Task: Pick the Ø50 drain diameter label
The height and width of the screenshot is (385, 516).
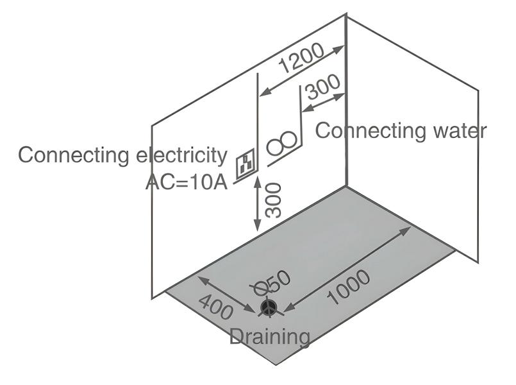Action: pos(272,283)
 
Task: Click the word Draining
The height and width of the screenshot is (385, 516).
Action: pos(270,336)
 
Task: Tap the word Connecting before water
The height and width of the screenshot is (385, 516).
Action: pos(362,131)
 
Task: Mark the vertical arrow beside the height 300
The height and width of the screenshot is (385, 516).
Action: pos(258,204)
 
